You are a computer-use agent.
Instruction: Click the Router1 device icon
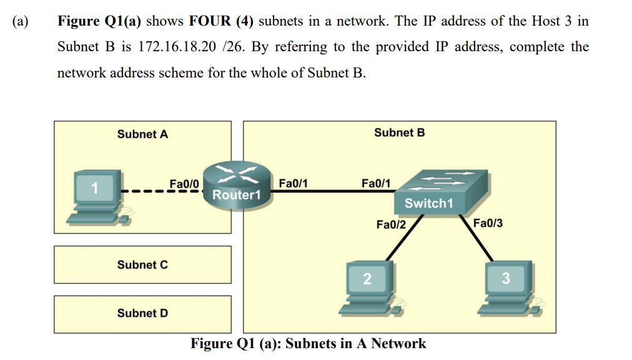click(x=237, y=186)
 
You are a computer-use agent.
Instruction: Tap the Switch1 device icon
click(x=440, y=192)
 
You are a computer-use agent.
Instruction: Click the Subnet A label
click(x=142, y=134)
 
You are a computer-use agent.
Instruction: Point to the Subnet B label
click(x=400, y=132)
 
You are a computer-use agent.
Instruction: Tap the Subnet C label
click(x=142, y=265)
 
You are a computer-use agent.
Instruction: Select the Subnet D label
click(x=142, y=313)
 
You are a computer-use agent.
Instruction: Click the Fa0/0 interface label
click(x=184, y=184)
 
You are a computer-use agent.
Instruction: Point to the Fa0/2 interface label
click(x=391, y=224)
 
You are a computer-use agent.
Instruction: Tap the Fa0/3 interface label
click(x=488, y=223)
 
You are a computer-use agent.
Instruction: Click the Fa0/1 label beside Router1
click(x=293, y=183)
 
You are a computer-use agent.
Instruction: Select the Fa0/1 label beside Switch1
click(x=376, y=183)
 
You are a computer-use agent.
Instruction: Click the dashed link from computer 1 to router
click(x=162, y=191)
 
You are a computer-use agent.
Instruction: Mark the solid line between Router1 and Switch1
click(x=333, y=191)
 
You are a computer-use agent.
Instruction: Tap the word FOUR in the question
click(x=210, y=21)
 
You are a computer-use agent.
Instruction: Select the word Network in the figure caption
click(x=398, y=344)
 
